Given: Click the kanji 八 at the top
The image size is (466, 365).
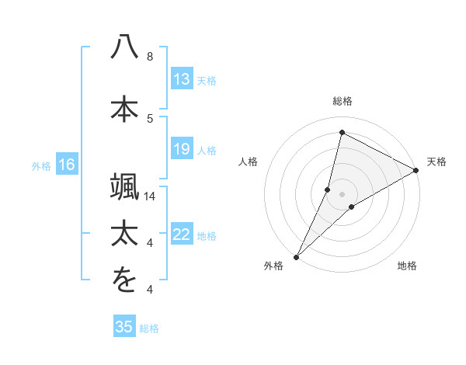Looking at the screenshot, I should [x=124, y=47].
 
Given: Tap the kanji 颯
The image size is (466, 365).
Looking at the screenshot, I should [x=124, y=186].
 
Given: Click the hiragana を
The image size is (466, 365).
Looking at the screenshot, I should [x=124, y=281].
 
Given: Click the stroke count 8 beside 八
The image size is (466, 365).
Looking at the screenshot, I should [x=150, y=57].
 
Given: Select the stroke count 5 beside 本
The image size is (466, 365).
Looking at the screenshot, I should [x=150, y=118].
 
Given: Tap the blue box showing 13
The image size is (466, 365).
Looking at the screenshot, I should [x=181, y=79].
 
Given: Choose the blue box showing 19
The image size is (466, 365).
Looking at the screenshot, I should [x=181, y=149].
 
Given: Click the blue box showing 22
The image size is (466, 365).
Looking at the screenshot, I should [x=181, y=235].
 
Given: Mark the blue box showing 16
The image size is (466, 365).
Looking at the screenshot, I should [x=66, y=165].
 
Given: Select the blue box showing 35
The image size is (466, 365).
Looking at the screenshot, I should [x=124, y=327].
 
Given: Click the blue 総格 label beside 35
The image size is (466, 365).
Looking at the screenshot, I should [x=149, y=328].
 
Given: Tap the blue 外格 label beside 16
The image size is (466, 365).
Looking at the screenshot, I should [x=41, y=165].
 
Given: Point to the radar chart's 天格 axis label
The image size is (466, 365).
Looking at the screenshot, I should [x=436, y=162].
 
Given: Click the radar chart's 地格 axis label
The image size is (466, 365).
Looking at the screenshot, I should [x=407, y=266].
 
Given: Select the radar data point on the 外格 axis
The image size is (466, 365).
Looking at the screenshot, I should [x=296, y=256].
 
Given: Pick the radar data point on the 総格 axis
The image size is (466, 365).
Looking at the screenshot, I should [x=342, y=133].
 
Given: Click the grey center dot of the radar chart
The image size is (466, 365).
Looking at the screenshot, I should [x=342, y=193].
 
